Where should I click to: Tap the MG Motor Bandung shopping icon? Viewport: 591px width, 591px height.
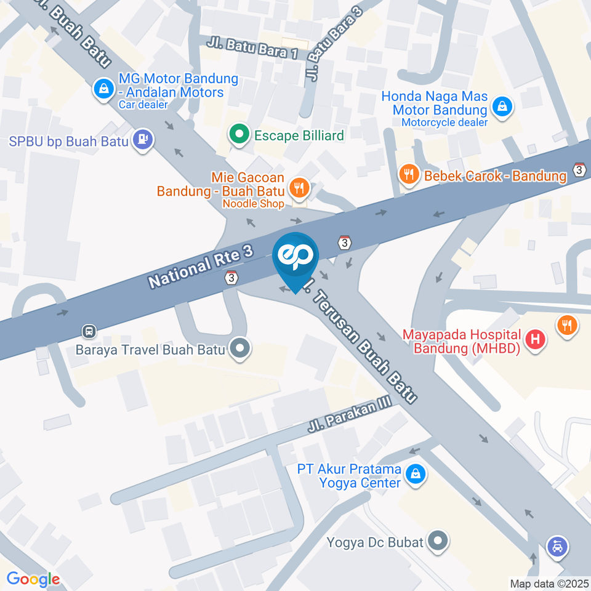tap(103, 89)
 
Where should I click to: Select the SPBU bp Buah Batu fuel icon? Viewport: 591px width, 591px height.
tap(143, 140)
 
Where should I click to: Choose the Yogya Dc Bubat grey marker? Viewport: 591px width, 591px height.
tap(438, 541)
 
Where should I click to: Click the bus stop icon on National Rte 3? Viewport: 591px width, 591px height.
tap(89, 331)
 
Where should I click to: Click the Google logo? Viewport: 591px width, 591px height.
tap(33, 579)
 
